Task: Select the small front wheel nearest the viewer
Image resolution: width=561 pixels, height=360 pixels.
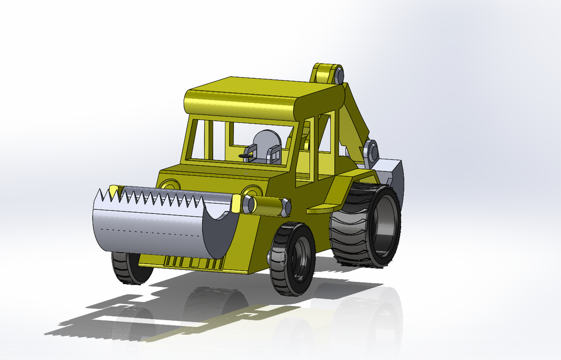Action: [x=292, y=259]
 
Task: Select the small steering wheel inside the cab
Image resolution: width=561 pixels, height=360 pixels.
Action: [x=247, y=156]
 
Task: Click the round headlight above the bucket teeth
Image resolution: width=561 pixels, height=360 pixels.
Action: [x=169, y=185]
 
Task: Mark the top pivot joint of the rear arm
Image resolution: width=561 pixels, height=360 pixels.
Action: [x=327, y=74]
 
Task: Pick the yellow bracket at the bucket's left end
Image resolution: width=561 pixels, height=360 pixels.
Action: [x=113, y=191]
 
